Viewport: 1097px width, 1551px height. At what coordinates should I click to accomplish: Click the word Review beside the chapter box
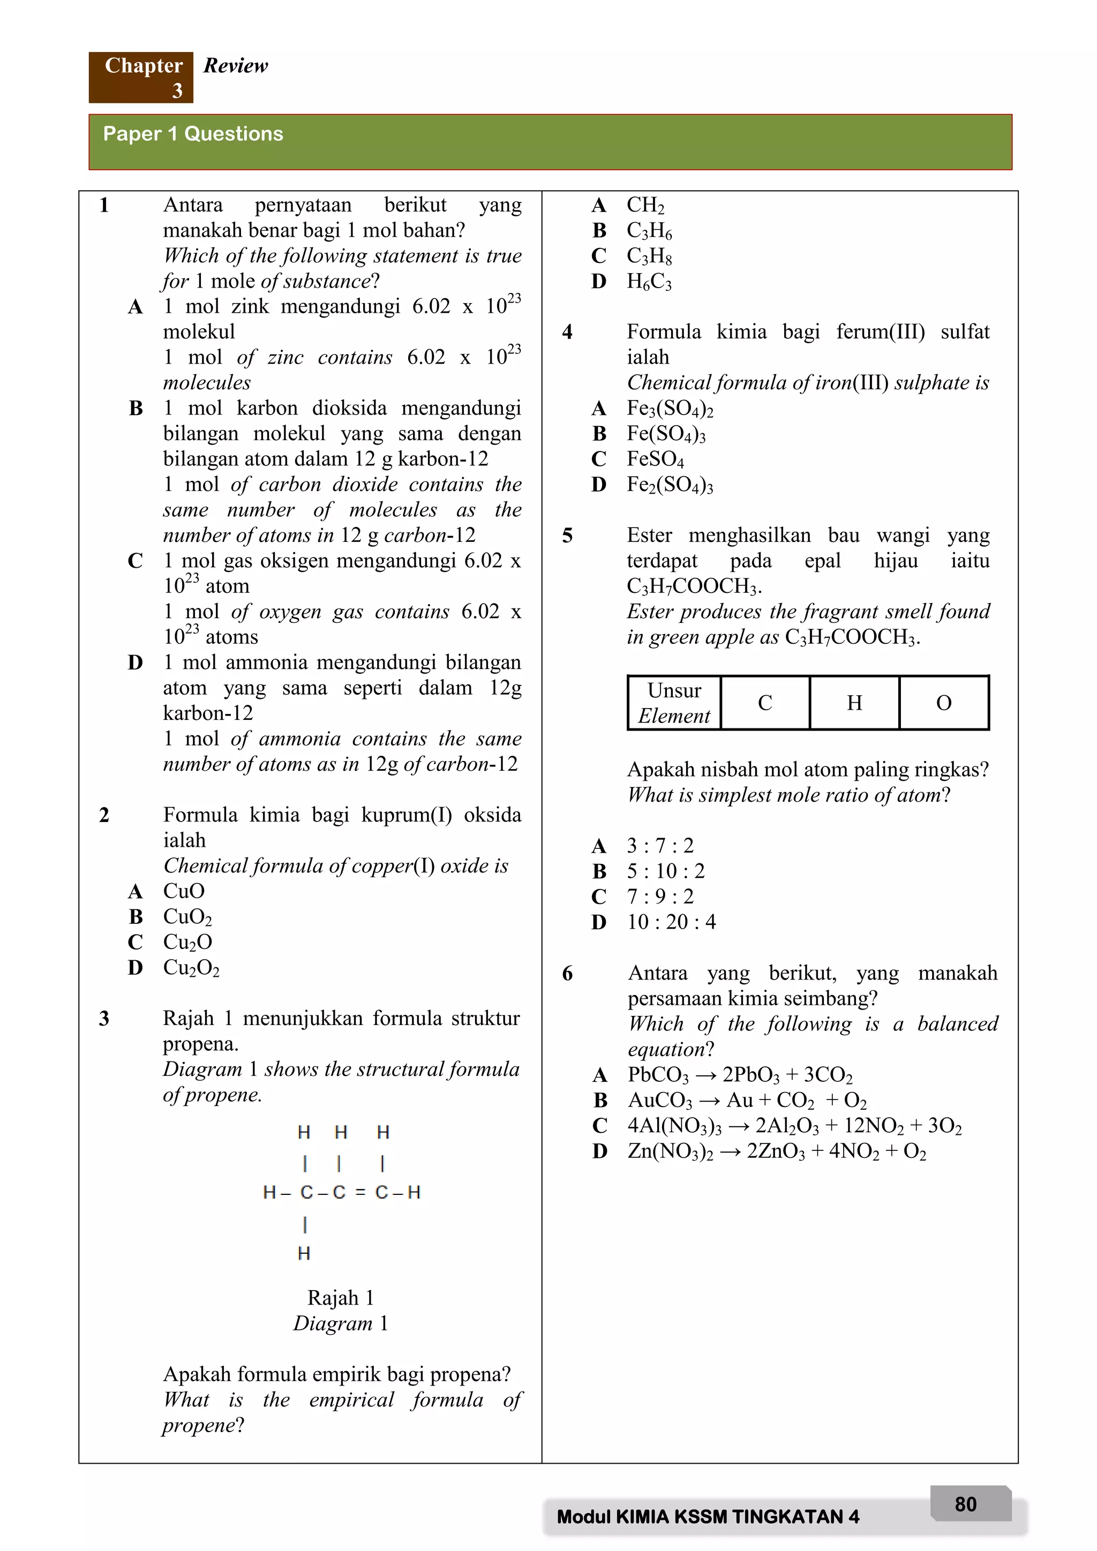click(x=236, y=65)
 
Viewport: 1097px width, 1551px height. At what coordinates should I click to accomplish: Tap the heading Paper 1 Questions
click(x=193, y=134)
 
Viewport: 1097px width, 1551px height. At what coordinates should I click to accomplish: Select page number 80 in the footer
click(x=965, y=1504)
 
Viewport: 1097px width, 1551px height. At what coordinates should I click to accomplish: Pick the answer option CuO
click(x=184, y=891)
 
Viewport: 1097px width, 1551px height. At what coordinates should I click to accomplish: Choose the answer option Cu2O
click(x=188, y=942)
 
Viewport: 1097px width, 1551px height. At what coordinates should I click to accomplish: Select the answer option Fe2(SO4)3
click(x=670, y=484)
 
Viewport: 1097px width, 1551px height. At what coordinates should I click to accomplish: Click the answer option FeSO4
click(x=655, y=460)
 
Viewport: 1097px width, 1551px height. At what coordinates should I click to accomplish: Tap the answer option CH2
click(x=645, y=205)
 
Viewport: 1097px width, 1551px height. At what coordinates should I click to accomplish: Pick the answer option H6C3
click(x=649, y=281)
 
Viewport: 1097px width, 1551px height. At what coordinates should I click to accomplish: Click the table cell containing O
click(x=944, y=703)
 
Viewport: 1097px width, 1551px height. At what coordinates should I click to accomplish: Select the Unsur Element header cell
click(x=674, y=703)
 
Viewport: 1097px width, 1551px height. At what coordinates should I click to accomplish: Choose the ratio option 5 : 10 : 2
click(x=665, y=871)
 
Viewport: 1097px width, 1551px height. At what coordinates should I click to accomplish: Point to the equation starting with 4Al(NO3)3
click(x=794, y=1125)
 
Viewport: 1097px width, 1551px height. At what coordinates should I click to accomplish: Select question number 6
click(x=567, y=974)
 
